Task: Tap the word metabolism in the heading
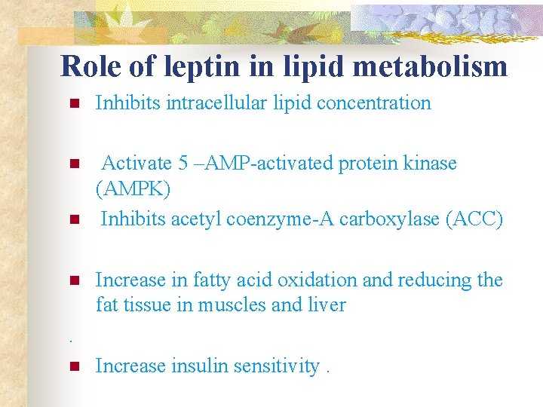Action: point(428,66)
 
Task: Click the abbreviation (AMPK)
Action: point(133,189)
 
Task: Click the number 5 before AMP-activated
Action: point(183,163)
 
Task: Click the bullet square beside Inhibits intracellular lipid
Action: point(74,104)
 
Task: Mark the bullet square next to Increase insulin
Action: point(74,367)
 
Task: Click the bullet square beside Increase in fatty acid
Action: point(74,281)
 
